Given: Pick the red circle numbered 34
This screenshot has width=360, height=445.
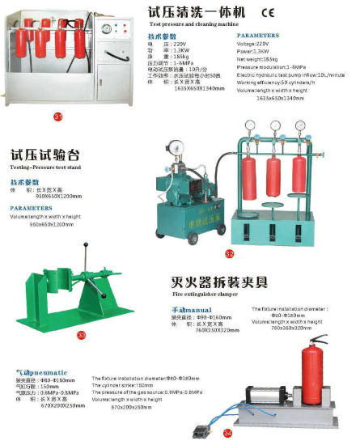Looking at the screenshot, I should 227,434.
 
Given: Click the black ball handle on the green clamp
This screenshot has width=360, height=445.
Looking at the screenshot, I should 86,246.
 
